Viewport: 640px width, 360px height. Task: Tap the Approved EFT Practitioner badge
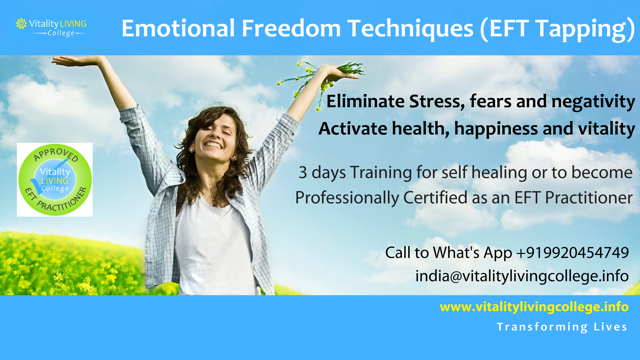click(x=55, y=179)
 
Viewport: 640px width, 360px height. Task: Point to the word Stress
click(x=442, y=102)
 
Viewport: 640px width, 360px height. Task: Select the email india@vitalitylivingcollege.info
click(x=522, y=276)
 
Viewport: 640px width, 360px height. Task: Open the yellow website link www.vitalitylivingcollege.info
click(x=534, y=307)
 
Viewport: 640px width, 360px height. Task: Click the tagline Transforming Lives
click(x=562, y=327)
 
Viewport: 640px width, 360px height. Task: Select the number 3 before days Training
click(x=302, y=171)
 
